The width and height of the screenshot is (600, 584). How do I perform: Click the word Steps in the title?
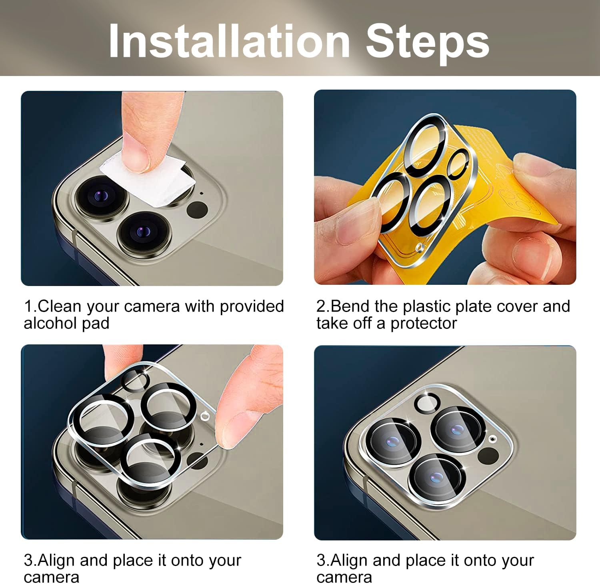point(427,42)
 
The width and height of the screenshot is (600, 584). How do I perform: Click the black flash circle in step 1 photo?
point(198,210)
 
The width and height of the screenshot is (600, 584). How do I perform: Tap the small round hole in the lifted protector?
point(205,416)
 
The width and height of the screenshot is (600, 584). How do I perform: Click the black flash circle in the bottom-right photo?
point(488,456)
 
